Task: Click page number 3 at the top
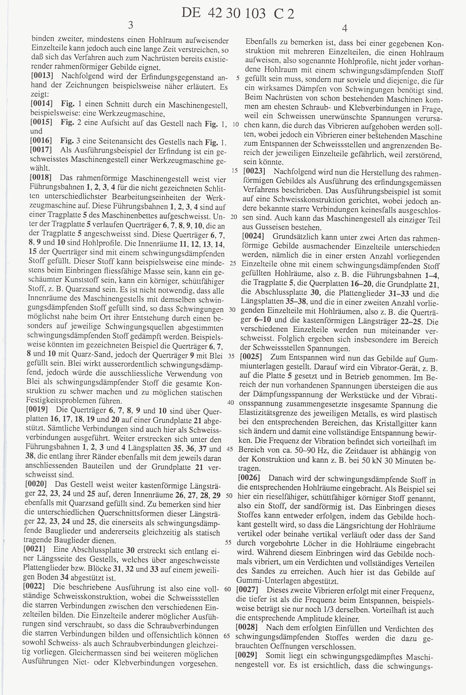130,25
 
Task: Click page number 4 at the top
345,28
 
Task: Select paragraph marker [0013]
42,76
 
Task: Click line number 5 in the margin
238,78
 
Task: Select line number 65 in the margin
226,635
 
